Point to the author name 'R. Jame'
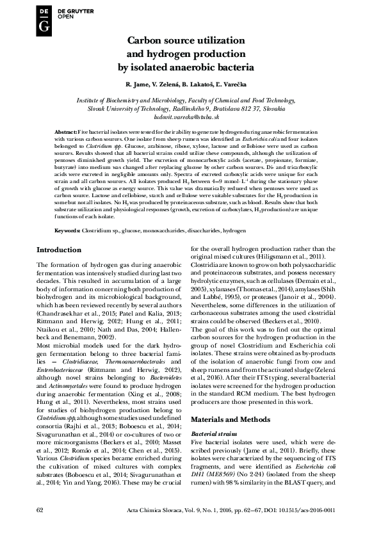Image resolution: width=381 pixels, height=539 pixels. [137, 84]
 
